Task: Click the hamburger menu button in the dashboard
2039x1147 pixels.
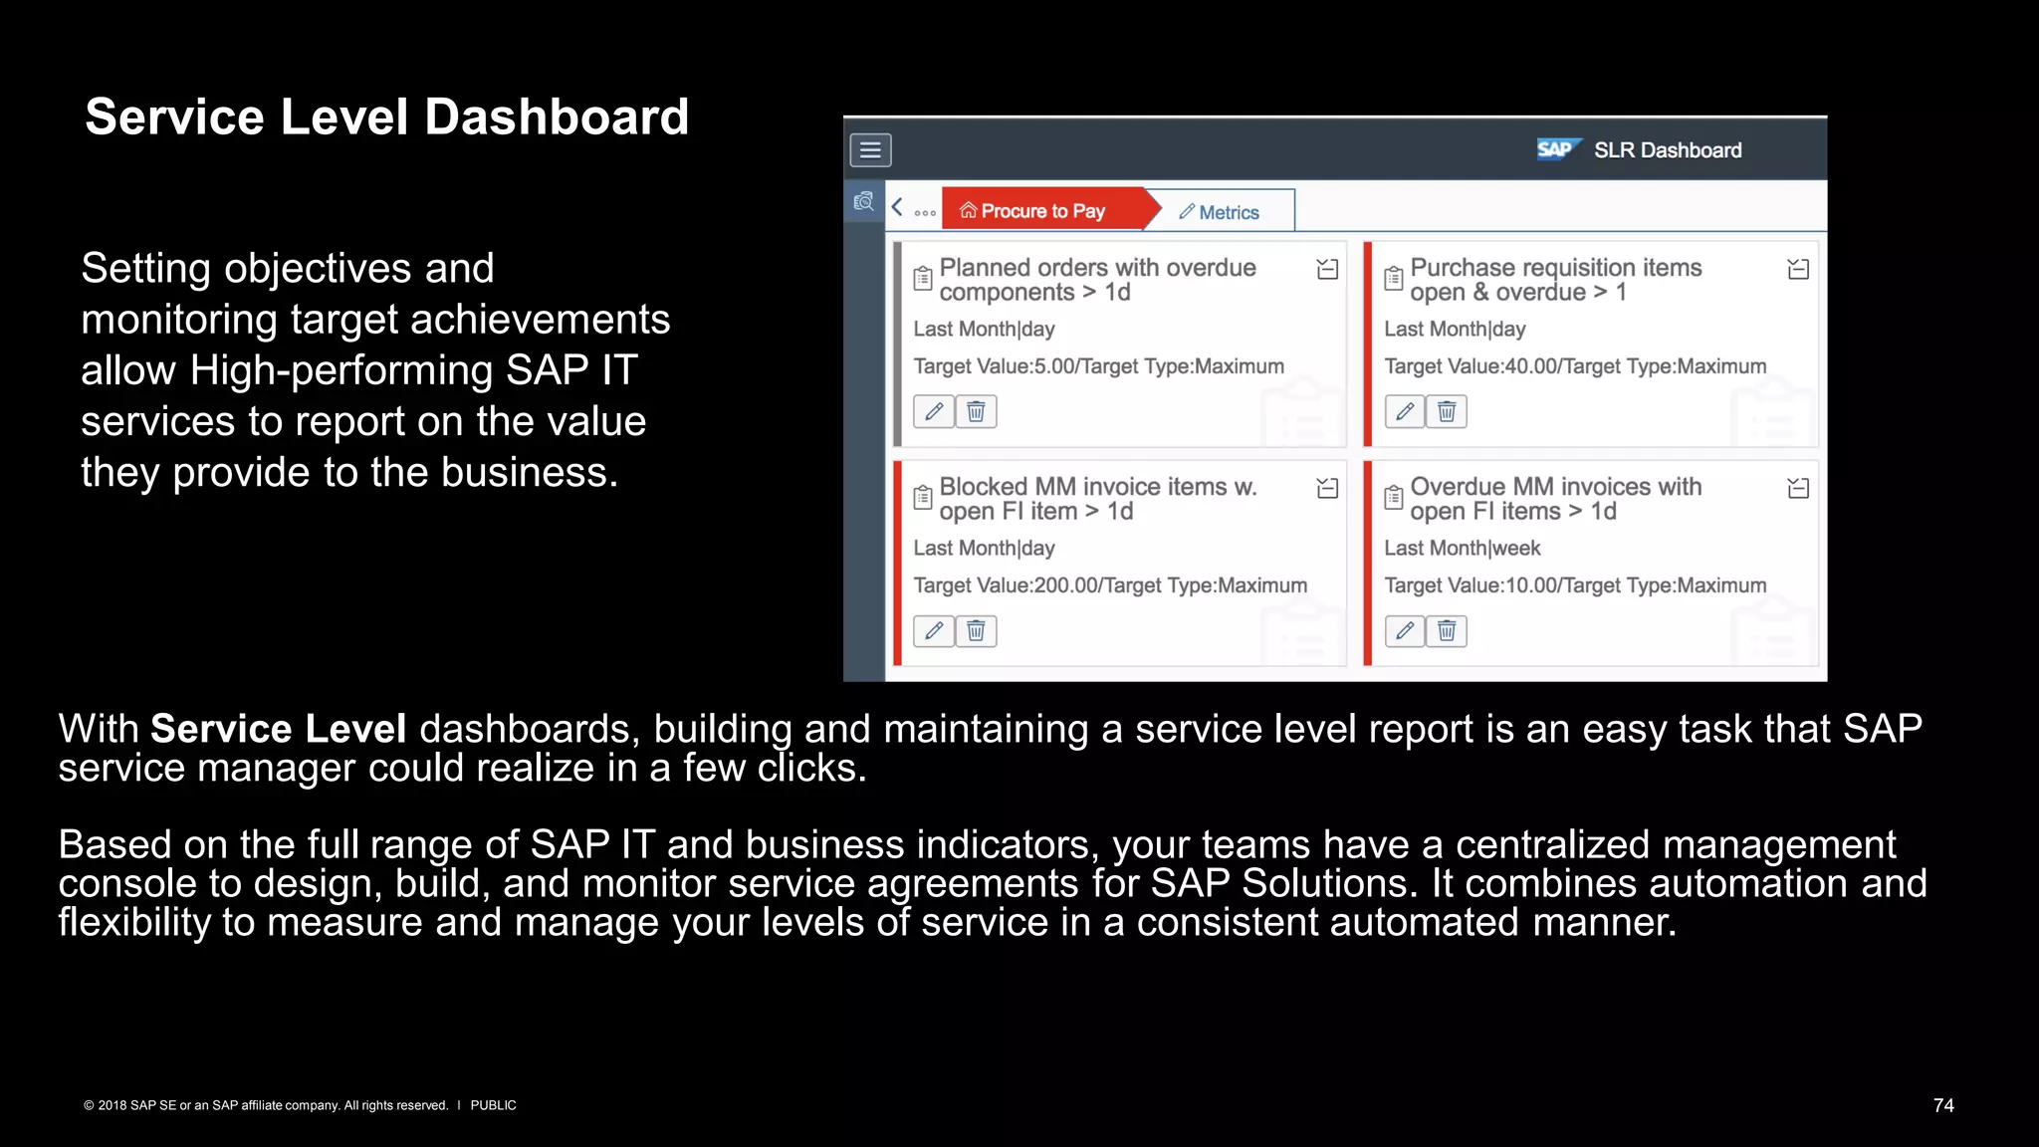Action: coord(870,150)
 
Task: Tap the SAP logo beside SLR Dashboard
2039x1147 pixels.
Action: coord(1557,149)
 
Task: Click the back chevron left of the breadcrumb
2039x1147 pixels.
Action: coord(897,207)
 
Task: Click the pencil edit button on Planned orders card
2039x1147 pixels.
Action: coord(934,411)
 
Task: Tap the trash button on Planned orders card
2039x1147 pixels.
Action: coord(977,411)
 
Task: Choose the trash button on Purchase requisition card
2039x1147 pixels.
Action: coord(1447,411)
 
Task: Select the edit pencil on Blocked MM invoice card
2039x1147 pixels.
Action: coord(934,630)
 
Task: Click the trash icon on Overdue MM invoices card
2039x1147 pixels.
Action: coord(1447,630)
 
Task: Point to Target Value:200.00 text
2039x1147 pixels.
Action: coord(1110,585)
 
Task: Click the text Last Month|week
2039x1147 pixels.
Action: coord(1462,549)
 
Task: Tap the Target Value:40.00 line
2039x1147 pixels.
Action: coord(1574,366)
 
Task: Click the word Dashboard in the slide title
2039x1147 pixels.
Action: coord(557,117)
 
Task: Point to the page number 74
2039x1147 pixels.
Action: coord(1943,1105)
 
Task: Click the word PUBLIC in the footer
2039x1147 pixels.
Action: coord(493,1105)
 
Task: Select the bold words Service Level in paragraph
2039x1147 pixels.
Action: coord(278,729)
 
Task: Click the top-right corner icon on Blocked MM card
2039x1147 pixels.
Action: coord(1327,488)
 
